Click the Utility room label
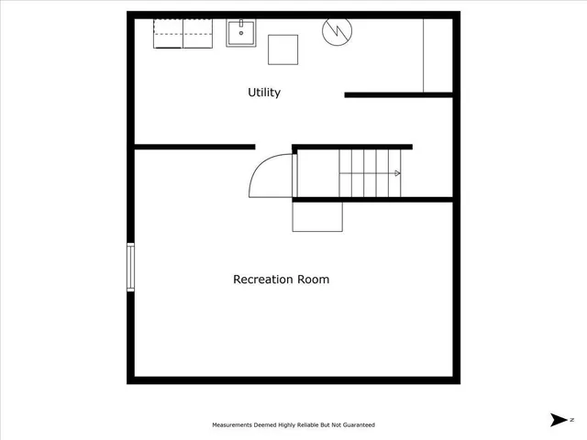(264, 93)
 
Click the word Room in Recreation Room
(314, 280)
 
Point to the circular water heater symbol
(336, 31)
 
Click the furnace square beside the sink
(283, 49)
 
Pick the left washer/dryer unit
(167, 34)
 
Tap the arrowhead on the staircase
(397, 172)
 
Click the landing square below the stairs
(317, 216)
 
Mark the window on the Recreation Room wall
(130, 266)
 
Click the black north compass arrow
(558, 420)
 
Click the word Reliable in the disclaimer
(302, 425)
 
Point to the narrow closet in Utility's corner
(437, 55)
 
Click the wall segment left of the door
(194, 147)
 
